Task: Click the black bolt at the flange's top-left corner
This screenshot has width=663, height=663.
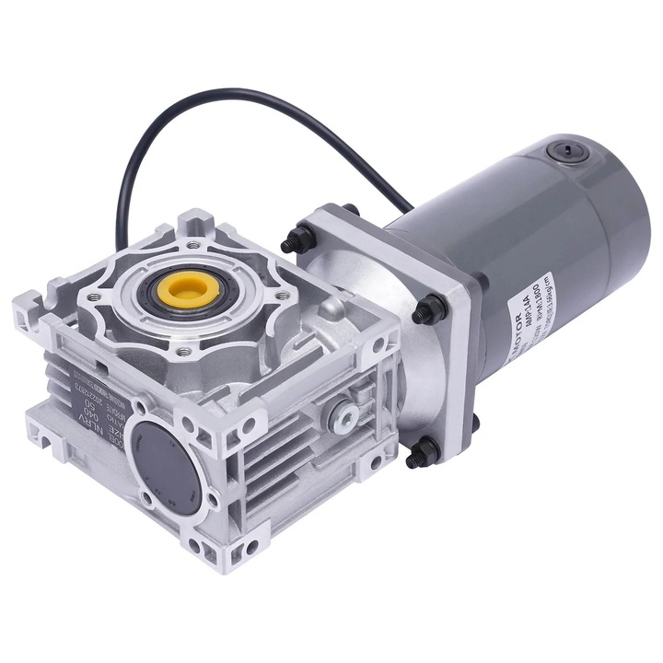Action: (x=293, y=242)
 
